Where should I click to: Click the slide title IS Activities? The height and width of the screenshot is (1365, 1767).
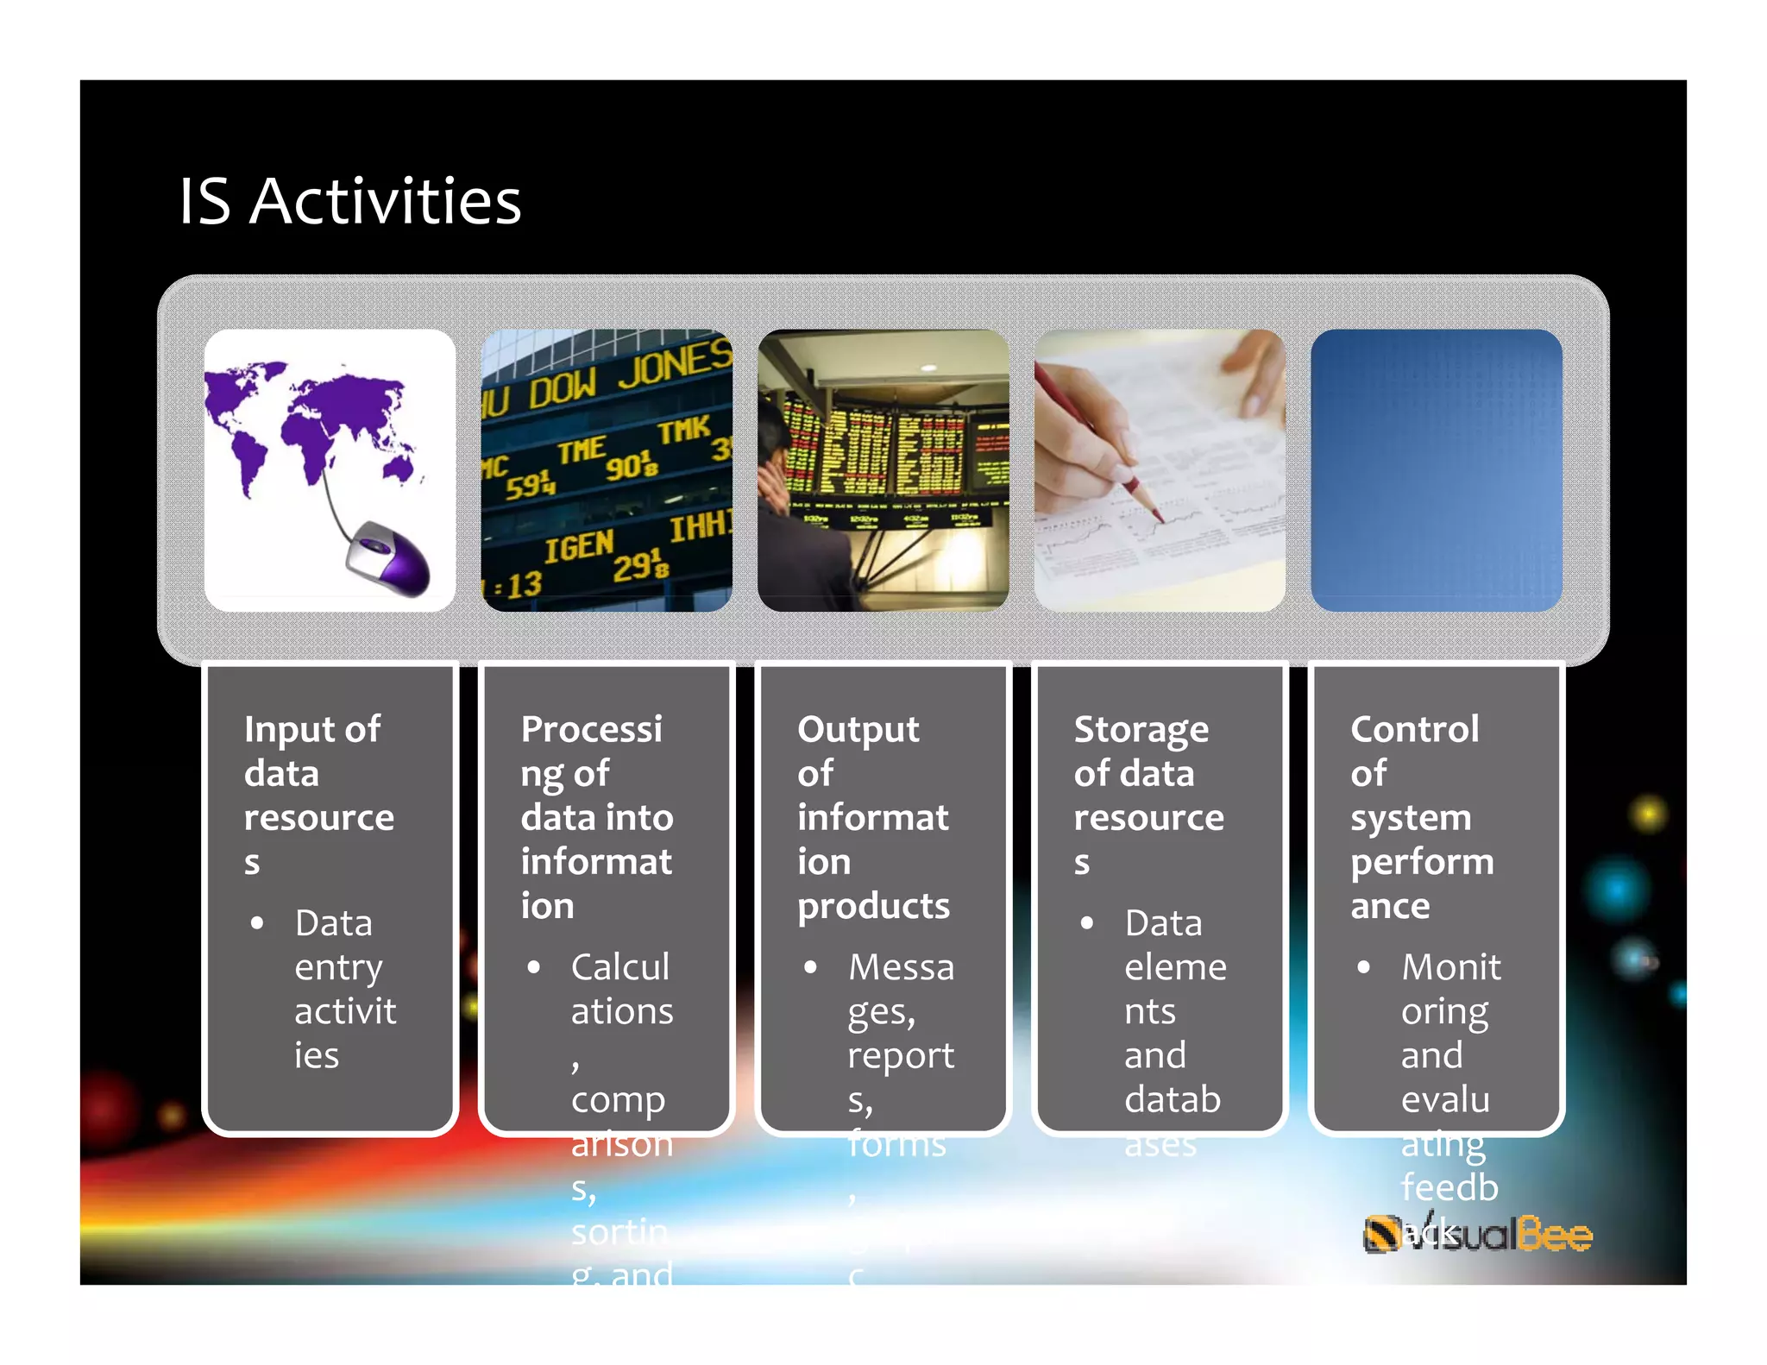(x=349, y=201)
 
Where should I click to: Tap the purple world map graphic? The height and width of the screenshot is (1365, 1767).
(x=311, y=423)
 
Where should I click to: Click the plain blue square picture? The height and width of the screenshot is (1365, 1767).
(x=1436, y=470)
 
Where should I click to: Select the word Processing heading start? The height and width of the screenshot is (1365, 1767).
(x=591, y=730)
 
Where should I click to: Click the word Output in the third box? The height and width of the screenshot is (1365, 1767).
(x=858, y=730)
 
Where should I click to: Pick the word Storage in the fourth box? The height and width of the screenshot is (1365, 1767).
(x=1141, y=730)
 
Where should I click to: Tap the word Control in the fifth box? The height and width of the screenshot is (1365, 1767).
(x=1414, y=730)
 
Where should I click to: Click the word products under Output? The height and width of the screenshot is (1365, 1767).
(x=873, y=906)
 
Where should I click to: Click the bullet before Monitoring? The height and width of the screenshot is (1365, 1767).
(x=1363, y=968)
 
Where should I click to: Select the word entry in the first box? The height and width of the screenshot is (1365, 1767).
(x=338, y=968)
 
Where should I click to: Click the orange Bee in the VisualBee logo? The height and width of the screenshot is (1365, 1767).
(x=1555, y=1235)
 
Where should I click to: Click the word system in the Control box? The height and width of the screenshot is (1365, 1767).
(x=1411, y=818)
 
